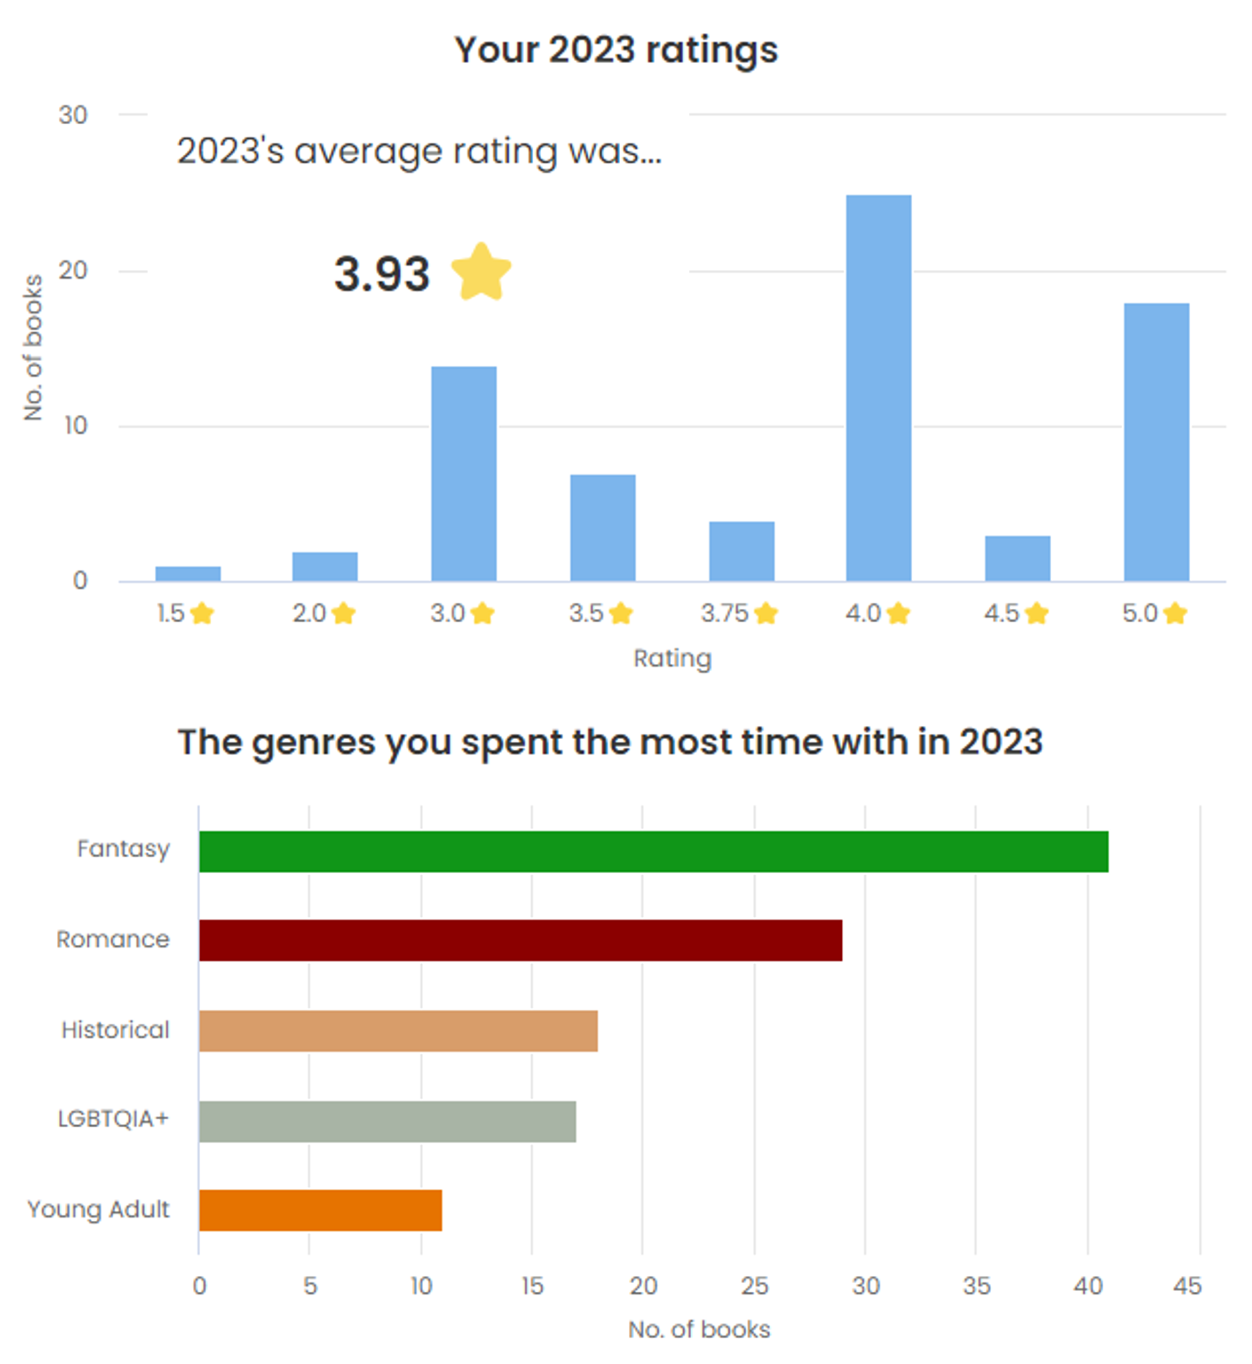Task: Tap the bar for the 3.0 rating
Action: (463, 474)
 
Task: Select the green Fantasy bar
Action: (653, 851)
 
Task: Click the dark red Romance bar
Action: (520, 940)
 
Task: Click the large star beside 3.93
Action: (481, 272)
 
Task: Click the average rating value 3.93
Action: (381, 274)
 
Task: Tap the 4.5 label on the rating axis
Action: (1000, 614)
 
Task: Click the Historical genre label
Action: (115, 1030)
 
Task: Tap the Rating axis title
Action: (672, 658)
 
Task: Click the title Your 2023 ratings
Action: (616, 50)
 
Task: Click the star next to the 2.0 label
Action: (343, 614)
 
